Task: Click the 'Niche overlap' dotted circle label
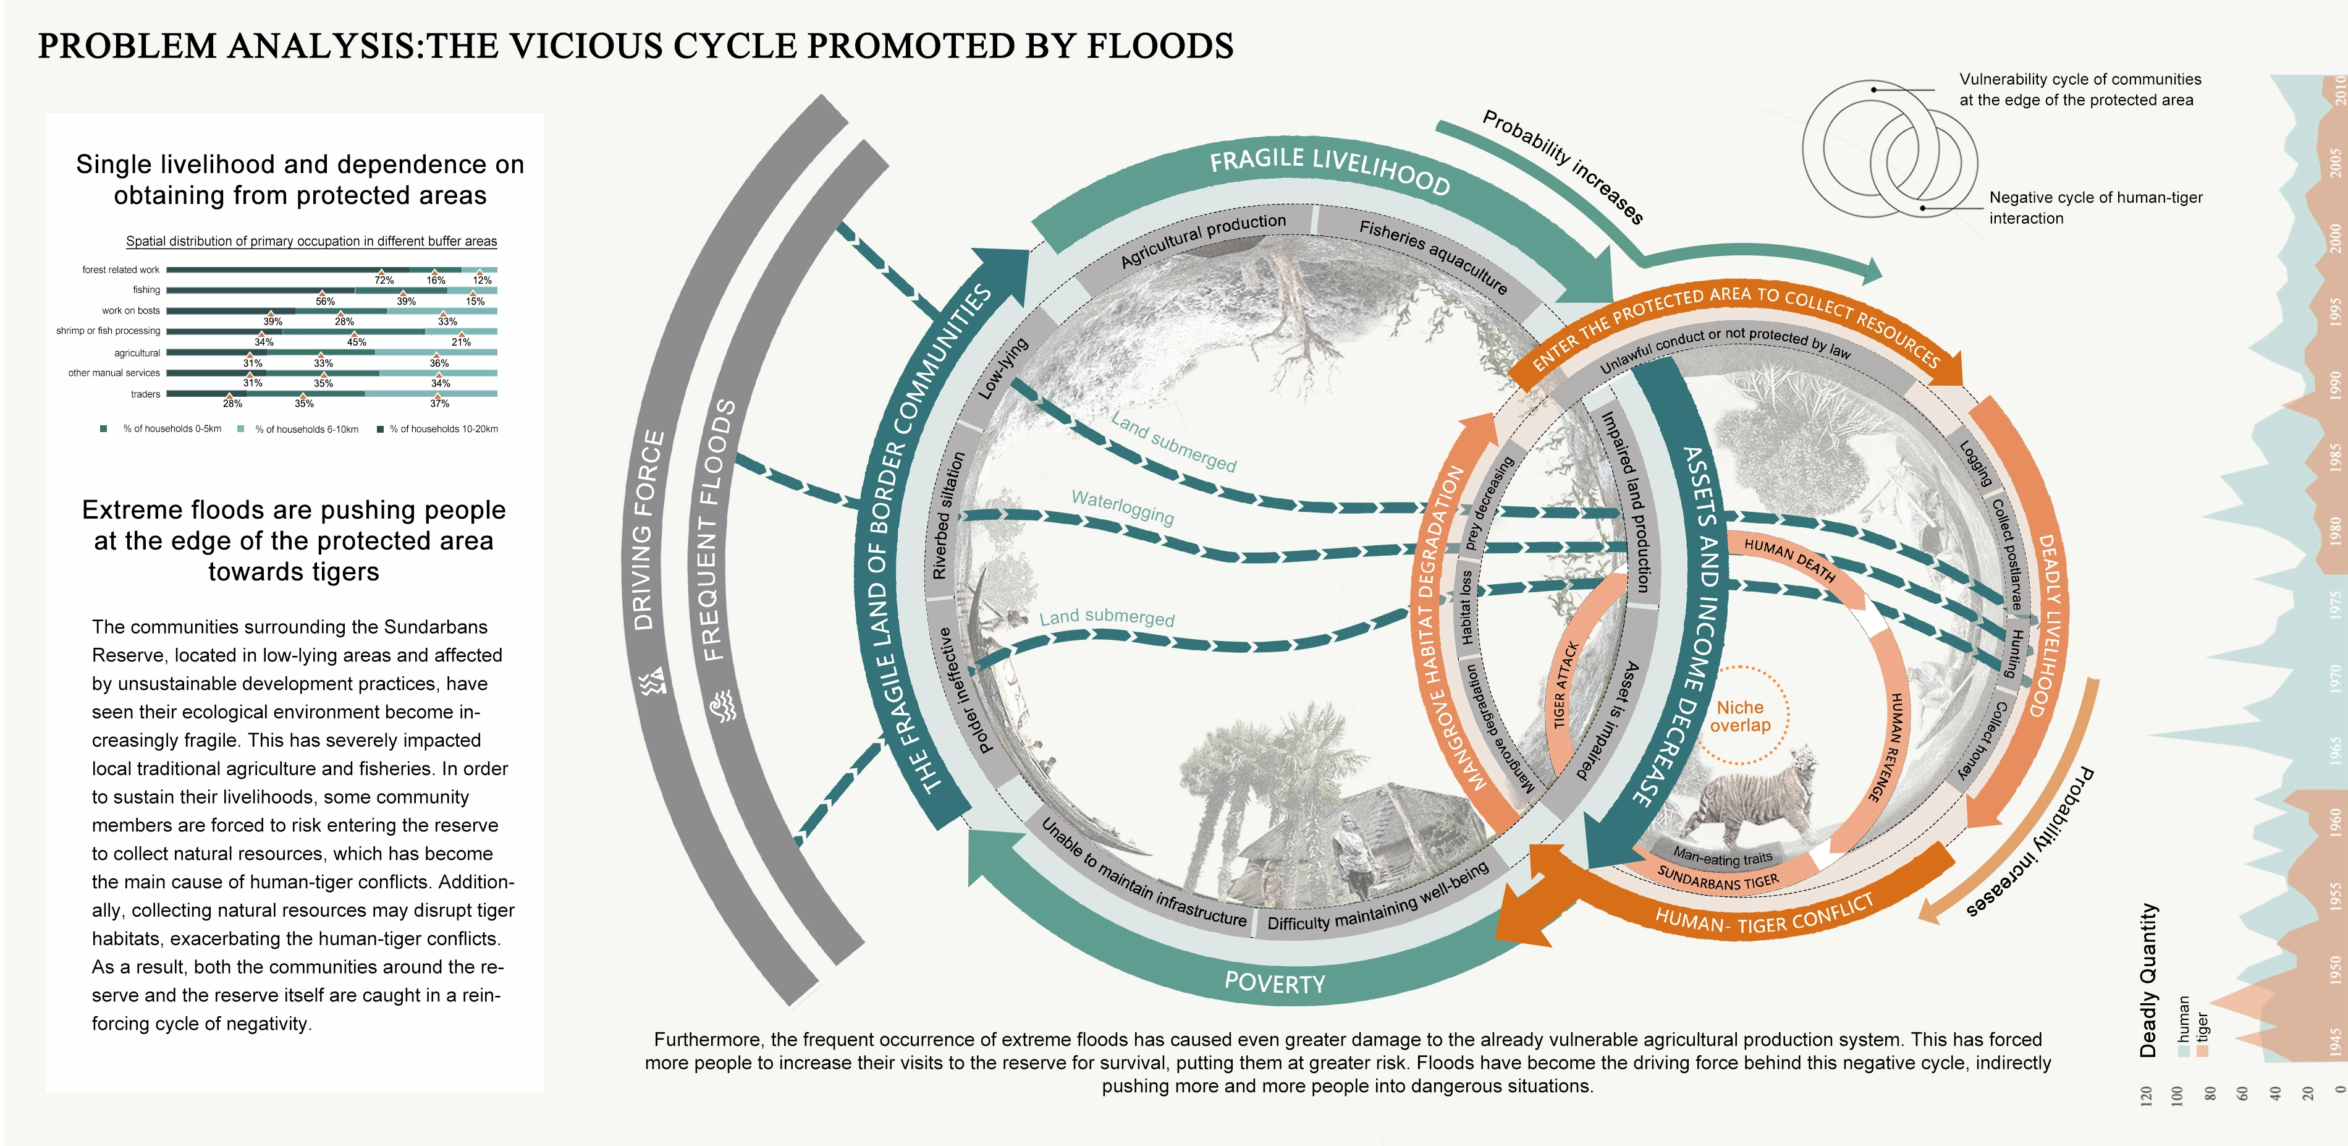(1740, 716)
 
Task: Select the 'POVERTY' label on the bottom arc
(1274, 983)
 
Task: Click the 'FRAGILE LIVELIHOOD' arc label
(1330, 169)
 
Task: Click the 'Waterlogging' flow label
(1122, 507)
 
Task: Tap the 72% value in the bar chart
(384, 280)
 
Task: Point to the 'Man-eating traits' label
(1722, 857)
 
